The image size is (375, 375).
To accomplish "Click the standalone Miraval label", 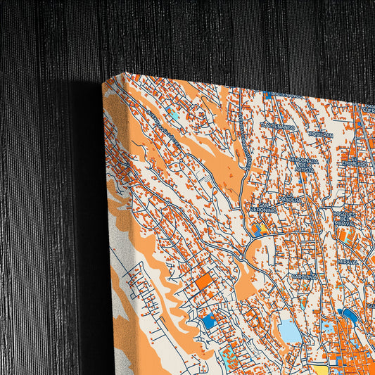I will click(x=347, y=261).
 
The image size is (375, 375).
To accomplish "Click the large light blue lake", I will click(x=289, y=331).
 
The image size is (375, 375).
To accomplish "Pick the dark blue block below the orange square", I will click(x=208, y=321).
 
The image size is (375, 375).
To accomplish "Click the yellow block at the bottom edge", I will click(x=320, y=369).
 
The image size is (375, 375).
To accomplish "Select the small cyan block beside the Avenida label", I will click(x=173, y=113).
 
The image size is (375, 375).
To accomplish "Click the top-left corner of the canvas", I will click(x=103, y=82).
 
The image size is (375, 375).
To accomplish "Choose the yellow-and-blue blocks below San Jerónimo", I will click(x=259, y=229).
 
